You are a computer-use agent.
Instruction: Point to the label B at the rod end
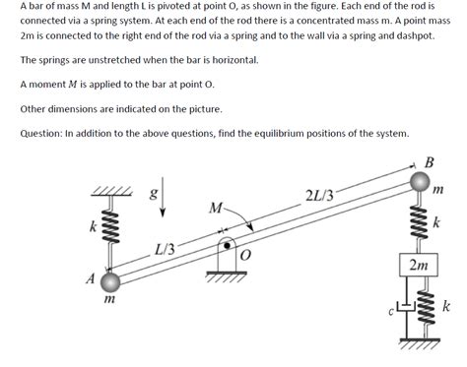tap(428, 162)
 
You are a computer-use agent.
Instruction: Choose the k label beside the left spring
tap(94, 227)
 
